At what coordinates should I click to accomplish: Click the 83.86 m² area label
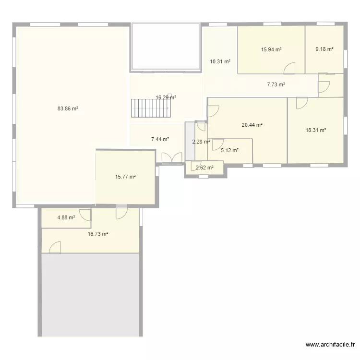click(x=68, y=109)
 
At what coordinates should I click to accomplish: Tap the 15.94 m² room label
click(x=271, y=49)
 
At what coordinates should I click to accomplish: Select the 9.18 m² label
click(x=324, y=49)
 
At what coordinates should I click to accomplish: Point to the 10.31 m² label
click(x=220, y=61)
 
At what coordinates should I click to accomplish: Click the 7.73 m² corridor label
click(x=276, y=85)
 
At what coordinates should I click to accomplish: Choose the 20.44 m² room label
click(x=252, y=125)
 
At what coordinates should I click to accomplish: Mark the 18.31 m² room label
click(x=316, y=130)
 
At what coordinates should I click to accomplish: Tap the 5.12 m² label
click(x=229, y=150)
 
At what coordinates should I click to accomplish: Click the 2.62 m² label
click(x=204, y=168)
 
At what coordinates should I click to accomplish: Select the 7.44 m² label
click(x=160, y=140)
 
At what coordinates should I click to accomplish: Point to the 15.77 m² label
click(x=125, y=177)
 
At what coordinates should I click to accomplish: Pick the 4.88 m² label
click(x=66, y=217)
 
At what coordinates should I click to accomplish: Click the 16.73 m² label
click(x=97, y=234)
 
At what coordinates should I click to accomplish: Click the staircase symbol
click(x=150, y=109)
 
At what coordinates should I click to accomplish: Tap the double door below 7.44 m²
click(x=171, y=158)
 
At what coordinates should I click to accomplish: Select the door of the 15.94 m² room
click(x=289, y=69)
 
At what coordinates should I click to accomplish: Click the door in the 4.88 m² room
click(x=85, y=215)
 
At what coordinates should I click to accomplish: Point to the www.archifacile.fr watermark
click(x=330, y=345)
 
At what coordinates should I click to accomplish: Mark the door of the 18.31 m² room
click(x=302, y=103)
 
